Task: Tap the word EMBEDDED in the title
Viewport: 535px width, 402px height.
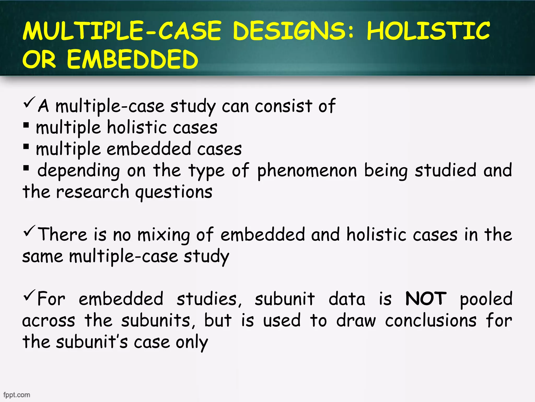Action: point(132,60)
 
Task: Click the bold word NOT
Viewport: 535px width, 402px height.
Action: point(426,299)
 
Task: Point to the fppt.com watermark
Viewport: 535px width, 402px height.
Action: point(17,395)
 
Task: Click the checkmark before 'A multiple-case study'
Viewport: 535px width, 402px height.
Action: point(29,103)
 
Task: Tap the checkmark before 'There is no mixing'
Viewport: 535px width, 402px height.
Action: point(29,231)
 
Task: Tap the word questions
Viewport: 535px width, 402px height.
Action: point(174,193)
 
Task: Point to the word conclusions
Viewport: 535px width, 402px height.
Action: point(431,321)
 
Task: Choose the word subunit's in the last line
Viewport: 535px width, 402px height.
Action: point(92,342)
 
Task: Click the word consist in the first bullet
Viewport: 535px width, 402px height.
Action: point(283,107)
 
